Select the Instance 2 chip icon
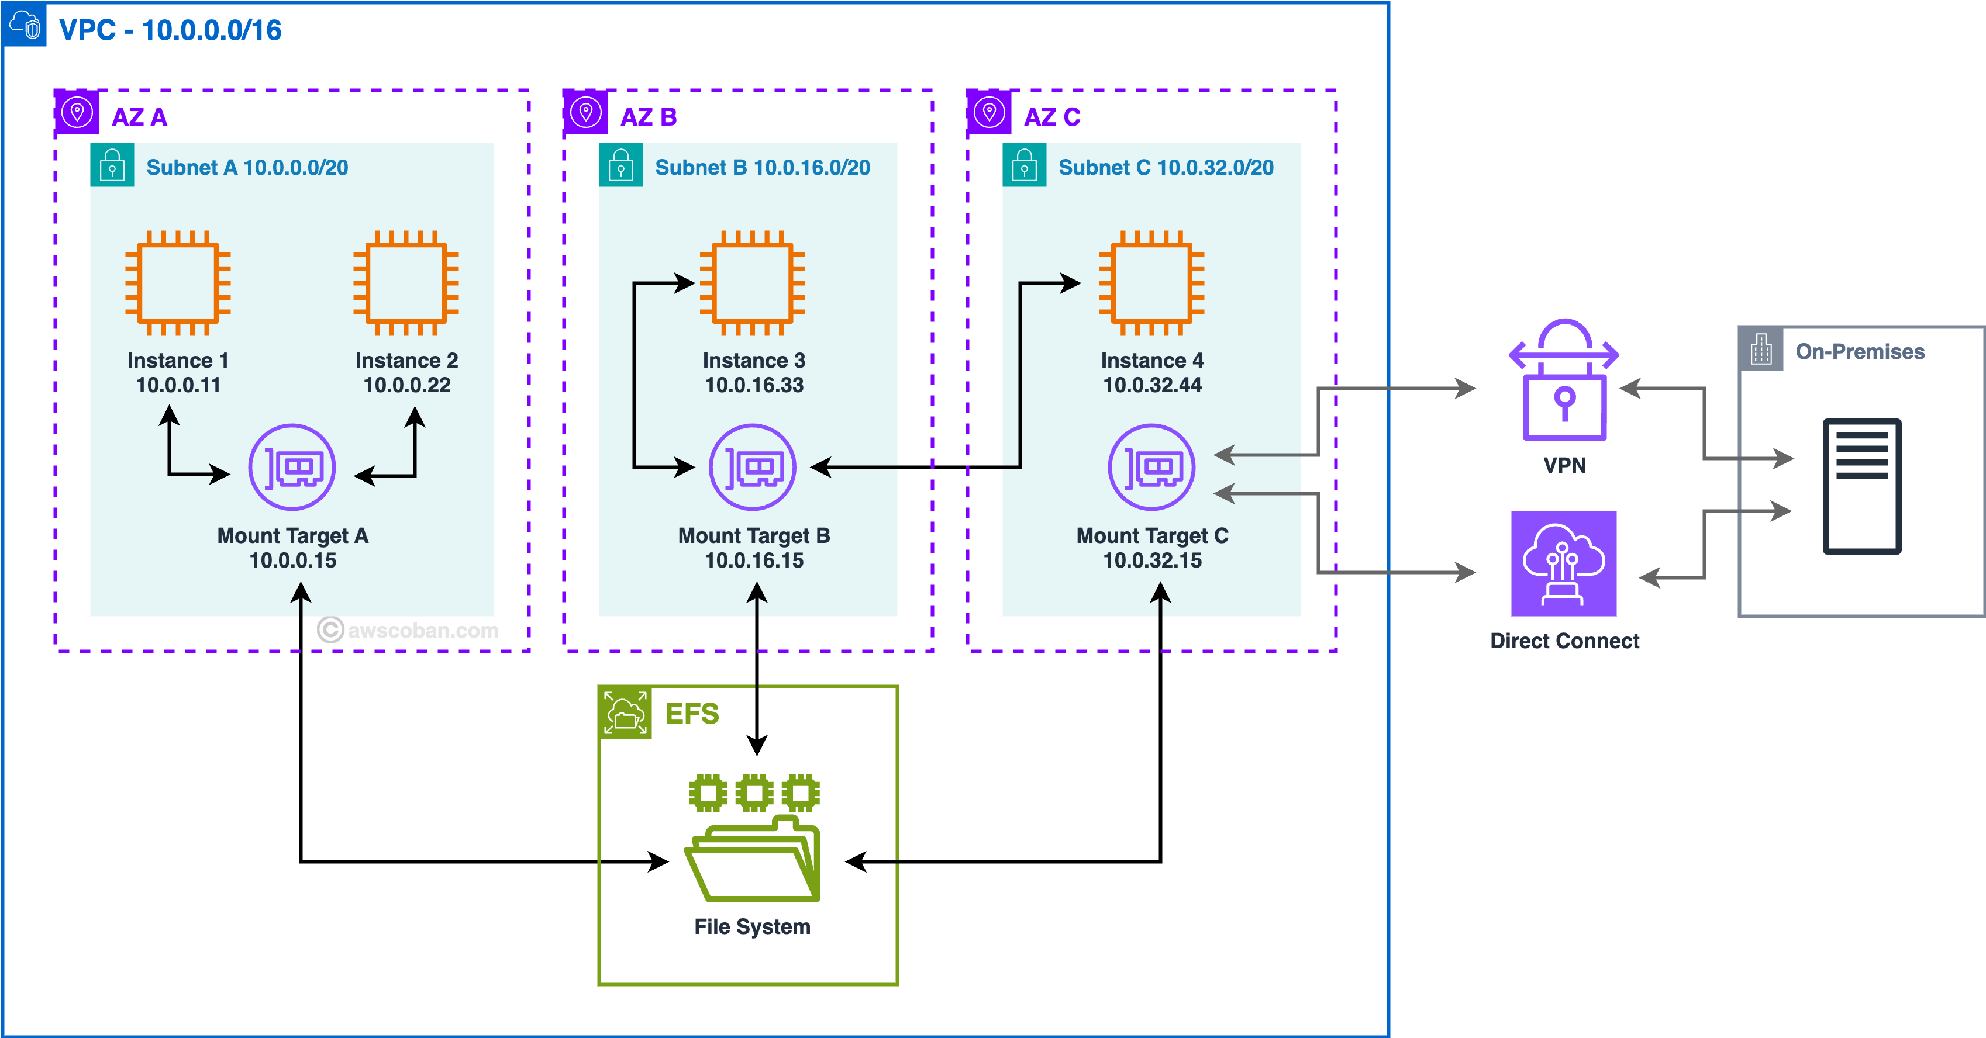[406, 283]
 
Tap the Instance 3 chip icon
[753, 283]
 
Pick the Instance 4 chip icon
[1151, 283]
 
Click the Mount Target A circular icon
[292, 467]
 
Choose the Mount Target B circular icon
[753, 467]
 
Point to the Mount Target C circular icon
[1151, 467]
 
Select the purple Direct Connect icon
[1564, 563]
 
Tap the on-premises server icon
[1862, 486]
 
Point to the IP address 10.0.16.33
[754, 385]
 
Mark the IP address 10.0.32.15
[1152, 560]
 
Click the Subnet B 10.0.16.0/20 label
[763, 167]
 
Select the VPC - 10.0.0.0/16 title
[170, 30]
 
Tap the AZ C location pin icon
[989, 112]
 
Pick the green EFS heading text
[692, 714]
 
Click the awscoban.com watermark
[409, 631]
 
